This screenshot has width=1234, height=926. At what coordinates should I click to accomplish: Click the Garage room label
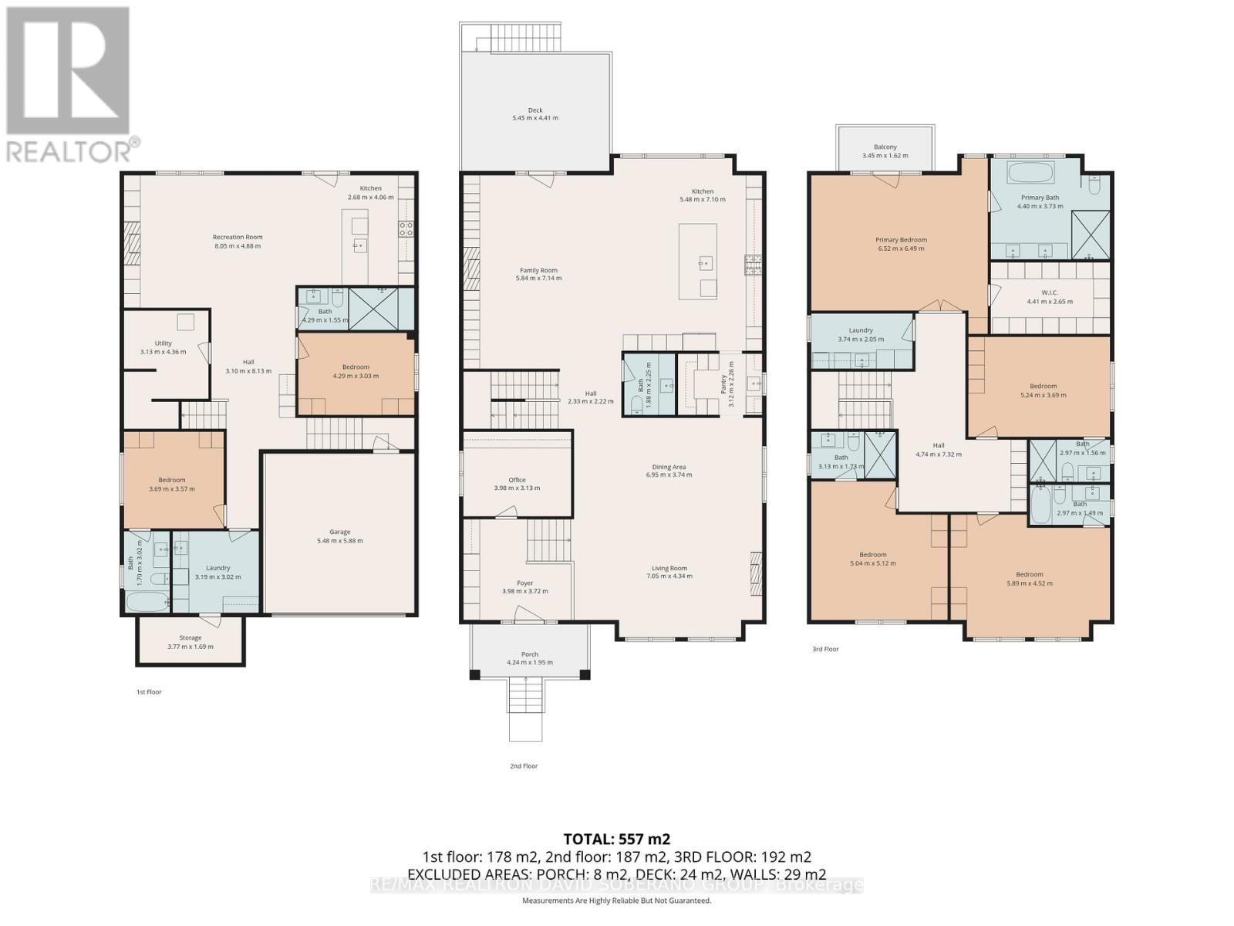pos(339,532)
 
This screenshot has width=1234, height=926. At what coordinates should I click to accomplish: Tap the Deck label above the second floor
pos(535,110)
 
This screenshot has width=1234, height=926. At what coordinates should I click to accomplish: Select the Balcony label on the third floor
pos(885,147)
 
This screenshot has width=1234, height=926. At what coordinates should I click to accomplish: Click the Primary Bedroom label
pos(900,240)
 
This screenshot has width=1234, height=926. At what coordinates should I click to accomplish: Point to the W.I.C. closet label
pos(1049,292)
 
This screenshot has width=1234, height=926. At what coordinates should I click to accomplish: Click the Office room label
pos(516,480)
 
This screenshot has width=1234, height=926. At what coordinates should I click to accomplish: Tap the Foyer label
pos(524,583)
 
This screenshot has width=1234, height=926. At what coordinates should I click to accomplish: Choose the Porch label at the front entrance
pos(529,654)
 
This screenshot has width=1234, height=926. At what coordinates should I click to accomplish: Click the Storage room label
pos(190,638)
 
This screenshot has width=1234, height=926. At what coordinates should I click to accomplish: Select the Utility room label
pos(163,343)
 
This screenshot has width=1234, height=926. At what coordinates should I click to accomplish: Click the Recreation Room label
pos(238,237)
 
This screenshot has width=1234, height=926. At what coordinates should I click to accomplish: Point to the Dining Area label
pos(669,467)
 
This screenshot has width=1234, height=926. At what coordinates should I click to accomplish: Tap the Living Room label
pos(668,568)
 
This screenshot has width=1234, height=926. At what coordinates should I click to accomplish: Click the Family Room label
pos(538,271)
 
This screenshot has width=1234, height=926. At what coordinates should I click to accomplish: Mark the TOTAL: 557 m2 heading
pos(616,839)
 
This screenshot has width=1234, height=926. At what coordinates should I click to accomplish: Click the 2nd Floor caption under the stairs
pos(524,766)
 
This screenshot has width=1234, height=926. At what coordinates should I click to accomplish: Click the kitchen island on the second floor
pos(697,261)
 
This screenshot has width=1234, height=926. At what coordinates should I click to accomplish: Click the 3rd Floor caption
pos(825,649)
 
